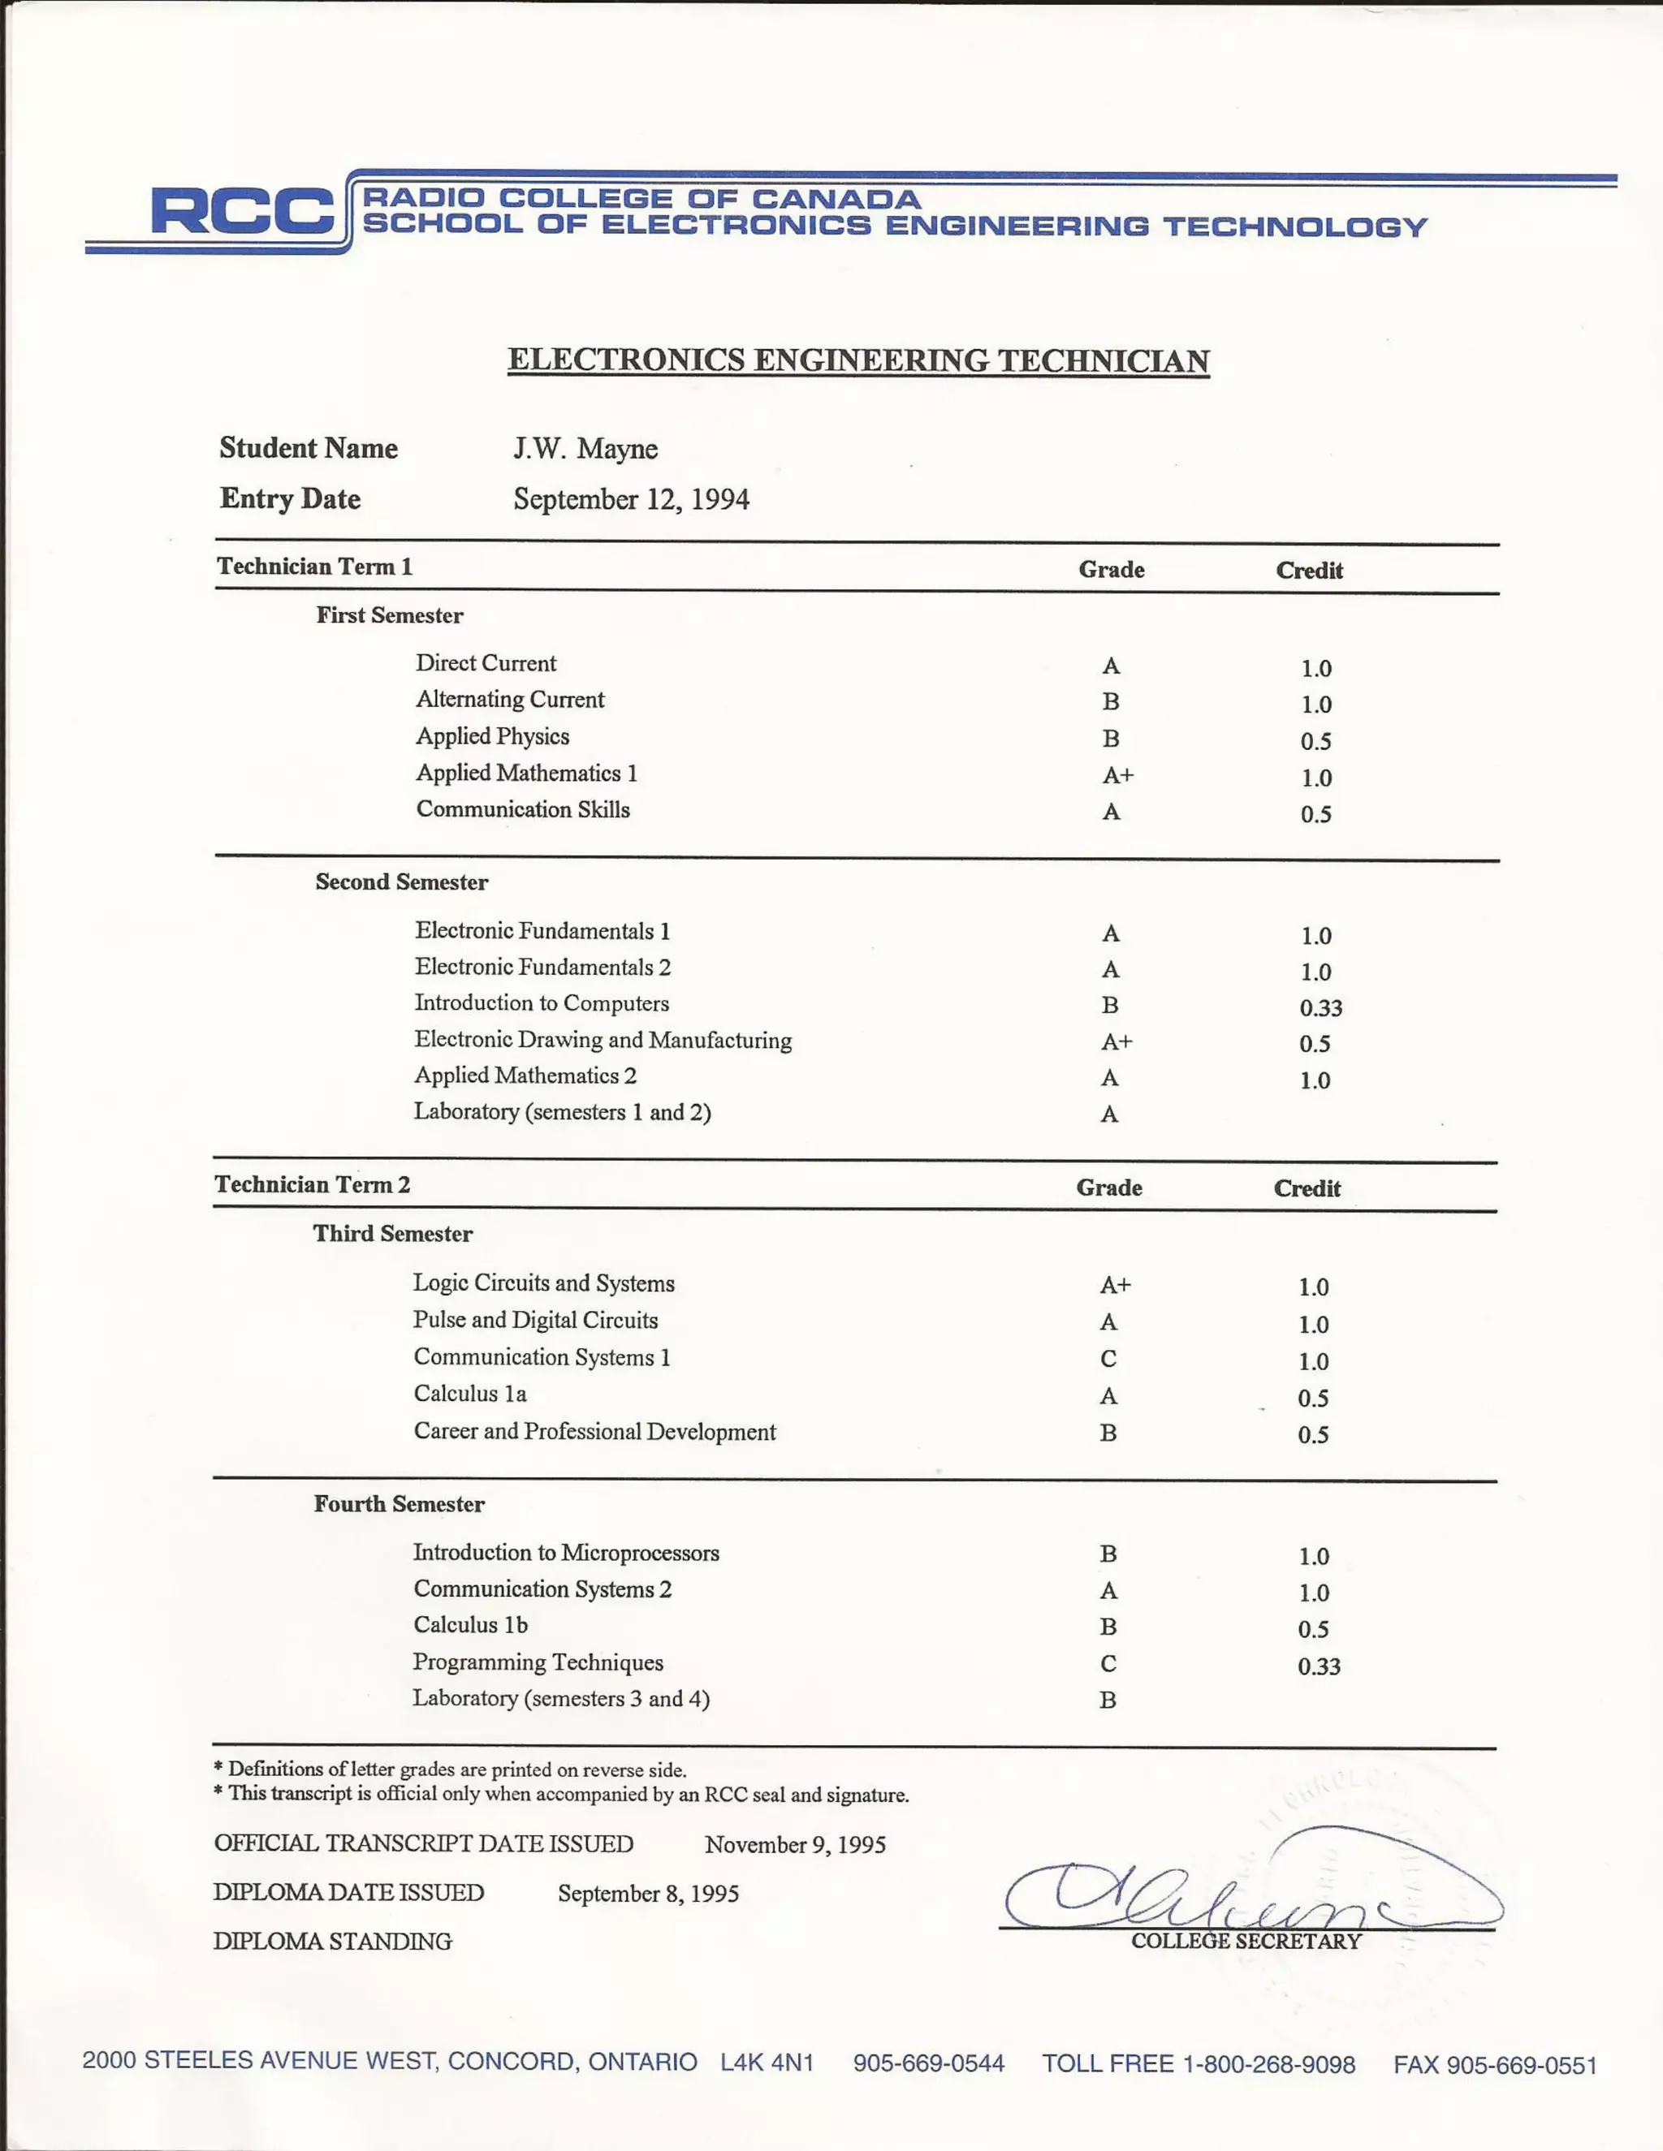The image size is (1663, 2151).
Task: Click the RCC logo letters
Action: point(242,212)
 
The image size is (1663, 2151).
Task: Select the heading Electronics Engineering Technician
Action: point(858,360)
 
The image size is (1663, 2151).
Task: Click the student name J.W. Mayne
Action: point(585,449)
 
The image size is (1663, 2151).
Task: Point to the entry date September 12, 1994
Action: point(630,499)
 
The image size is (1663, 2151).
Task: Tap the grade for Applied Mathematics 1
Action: point(1117,776)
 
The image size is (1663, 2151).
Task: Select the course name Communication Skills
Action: point(522,809)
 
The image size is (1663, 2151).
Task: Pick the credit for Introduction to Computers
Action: point(1320,1007)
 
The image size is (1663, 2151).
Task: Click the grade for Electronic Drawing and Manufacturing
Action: point(1117,1042)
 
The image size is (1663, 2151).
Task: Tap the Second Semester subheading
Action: point(401,882)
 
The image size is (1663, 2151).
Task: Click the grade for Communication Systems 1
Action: point(1108,1359)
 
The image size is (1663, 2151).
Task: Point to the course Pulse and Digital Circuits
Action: point(535,1320)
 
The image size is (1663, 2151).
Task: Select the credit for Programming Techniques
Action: point(1318,1666)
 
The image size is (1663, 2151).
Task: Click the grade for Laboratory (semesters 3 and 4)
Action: point(1108,1700)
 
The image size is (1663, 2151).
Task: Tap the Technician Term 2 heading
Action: point(313,1185)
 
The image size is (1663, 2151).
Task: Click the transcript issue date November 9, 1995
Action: point(795,1845)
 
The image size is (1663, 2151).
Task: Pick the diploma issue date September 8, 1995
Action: point(647,1893)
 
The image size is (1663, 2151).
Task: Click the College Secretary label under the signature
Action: point(1246,1942)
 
